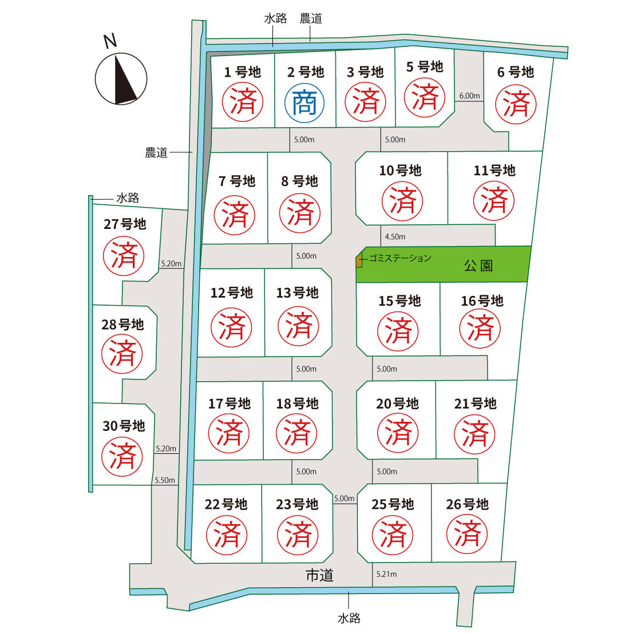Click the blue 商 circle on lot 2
[x=304, y=102]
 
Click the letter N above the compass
[x=110, y=41]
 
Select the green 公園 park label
[x=478, y=266]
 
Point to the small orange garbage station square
[x=358, y=260]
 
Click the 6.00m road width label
[x=469, y=96]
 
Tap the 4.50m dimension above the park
[x=395, y=236]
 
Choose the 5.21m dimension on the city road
[x=386, y=574]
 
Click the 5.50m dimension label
[x=165, y=480]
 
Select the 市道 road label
[x=320, y=575]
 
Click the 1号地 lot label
[x=242, y=72]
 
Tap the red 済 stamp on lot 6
[x=516, y=104]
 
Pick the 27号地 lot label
[x=125, y=224]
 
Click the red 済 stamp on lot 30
[x=122, y=457]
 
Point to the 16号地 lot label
[x=482, y=300]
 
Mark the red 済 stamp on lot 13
[x=298, y=326]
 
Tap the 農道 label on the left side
[x=156, y=152]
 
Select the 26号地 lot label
[x=467, y=504]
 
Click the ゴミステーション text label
[x=400, y=258]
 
